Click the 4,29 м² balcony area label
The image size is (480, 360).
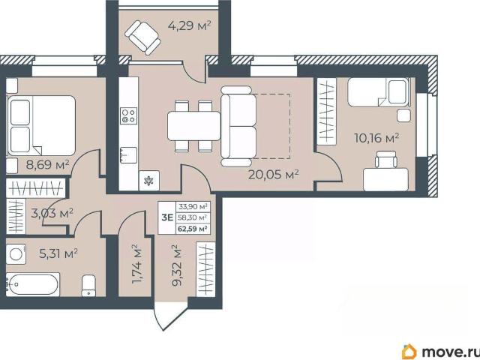(190, 25)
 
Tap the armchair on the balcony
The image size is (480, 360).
(142, 37)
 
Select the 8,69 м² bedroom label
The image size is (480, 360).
(48, 165)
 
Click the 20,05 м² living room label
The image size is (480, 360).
(273, 175)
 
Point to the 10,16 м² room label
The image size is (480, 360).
(376, 138)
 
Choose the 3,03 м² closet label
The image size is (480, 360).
(52, 213)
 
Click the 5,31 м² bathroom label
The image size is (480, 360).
(58, 253)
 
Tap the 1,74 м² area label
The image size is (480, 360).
(136, 264)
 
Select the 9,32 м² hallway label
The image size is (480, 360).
(177, 265)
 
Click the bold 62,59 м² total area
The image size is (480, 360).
(193, 229)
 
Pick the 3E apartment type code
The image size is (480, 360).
(167, 217)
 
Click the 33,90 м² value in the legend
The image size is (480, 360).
(193, 207)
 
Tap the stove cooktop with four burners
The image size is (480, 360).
(129, 116)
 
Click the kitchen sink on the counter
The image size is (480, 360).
(128, 155)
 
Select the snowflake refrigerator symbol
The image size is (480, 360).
(149, 181)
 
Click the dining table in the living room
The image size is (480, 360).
(193, 126)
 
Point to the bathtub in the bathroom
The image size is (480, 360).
(33, 284)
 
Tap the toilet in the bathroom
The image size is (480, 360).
(88, 286)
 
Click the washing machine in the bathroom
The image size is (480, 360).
(16, 253)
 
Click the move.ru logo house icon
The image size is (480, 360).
(409, 352)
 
